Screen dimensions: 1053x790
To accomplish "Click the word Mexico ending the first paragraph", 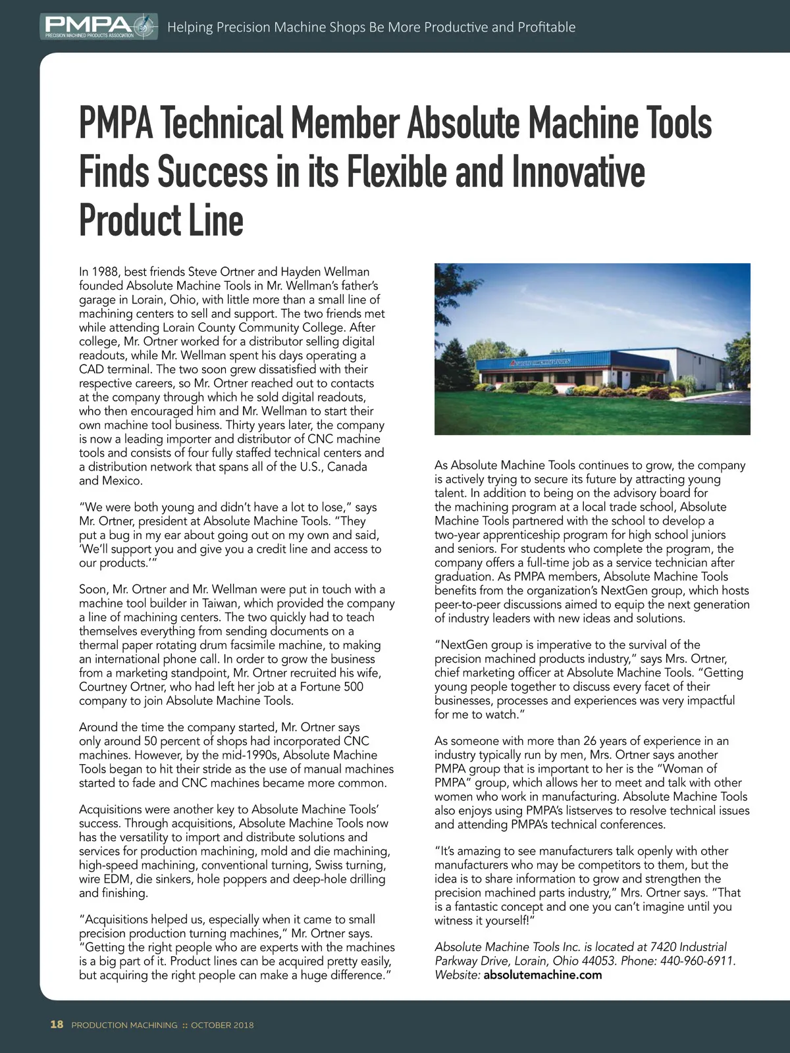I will click(122, 481).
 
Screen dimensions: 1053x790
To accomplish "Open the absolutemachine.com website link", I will click(542, 975).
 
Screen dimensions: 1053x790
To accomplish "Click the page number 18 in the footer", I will click(57, 1025).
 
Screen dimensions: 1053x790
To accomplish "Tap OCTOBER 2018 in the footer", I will click(222, 1025).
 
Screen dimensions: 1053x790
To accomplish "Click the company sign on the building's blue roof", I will click(540, 362).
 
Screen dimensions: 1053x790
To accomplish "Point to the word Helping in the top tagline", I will click(190, 27).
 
